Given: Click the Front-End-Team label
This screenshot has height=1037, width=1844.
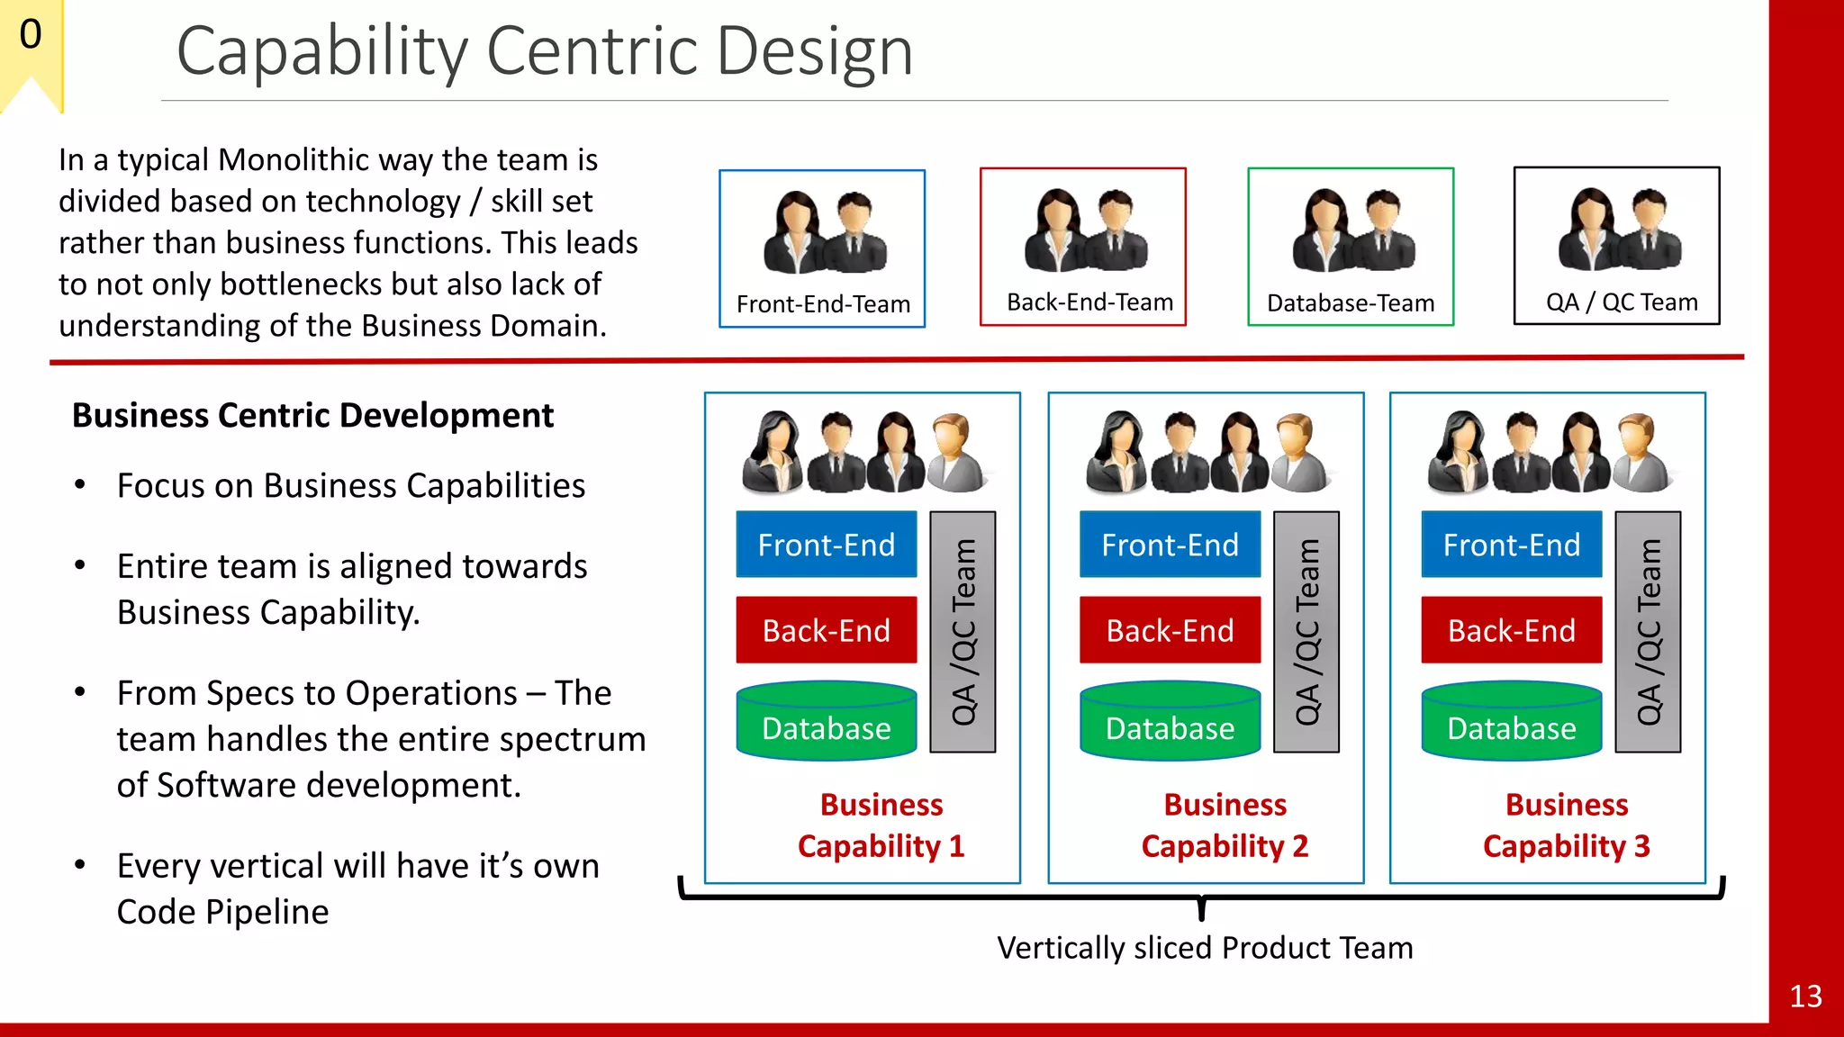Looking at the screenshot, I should (x=823, y=304).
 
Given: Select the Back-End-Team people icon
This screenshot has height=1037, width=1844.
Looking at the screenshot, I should (x=1085, y=230).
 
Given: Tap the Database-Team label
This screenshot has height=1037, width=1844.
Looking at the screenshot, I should (x=1350, y=303).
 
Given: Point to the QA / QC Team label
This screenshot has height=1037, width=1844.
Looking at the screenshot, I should (x=1622, y=302).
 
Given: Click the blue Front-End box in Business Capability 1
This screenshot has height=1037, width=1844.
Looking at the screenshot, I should (x=826, y=545).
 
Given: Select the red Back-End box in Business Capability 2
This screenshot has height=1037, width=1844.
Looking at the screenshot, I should (x=1170, y=630).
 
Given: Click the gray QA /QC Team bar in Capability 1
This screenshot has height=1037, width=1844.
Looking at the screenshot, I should (x=963, y=632).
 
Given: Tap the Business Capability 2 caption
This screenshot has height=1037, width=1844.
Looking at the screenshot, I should (x=1225, y=825).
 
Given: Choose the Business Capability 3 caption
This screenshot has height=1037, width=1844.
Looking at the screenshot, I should (x=1566, y=825).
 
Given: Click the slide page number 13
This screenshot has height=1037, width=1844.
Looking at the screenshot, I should (x=1805, y=996).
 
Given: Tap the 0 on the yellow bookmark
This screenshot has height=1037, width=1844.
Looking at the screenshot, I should (x=31, y=35).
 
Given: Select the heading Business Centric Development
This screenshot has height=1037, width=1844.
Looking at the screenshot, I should (x=312, y=416).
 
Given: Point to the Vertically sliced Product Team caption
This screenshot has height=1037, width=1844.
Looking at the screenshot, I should (x=1204, y=948).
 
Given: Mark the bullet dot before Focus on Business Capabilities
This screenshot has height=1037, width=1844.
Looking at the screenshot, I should (x=80, y=485).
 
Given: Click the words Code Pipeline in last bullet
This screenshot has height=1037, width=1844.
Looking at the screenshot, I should (x=222, y=912).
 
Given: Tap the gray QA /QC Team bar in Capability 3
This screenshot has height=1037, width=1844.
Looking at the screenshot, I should (x=1648, y=632).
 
